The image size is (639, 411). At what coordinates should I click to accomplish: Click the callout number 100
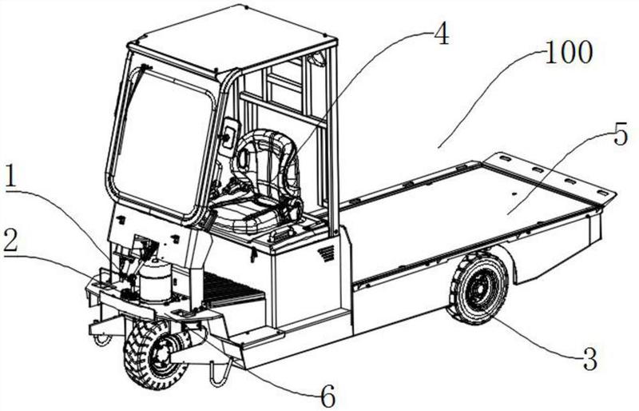(x=568, y=52)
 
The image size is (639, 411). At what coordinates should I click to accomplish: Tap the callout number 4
(x=442, y=33)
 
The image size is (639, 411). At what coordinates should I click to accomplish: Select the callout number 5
(x=621, y=134)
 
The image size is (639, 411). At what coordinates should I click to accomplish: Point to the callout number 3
(x=589, y=358)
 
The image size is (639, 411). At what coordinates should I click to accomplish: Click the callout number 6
(x=328, y=395)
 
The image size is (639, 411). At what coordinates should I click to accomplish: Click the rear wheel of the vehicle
(x=478, y=289)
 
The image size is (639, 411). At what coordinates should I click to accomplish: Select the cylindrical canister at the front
(x=155, y=281)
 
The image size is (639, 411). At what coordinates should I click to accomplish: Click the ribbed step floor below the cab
(x=230, y=289)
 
